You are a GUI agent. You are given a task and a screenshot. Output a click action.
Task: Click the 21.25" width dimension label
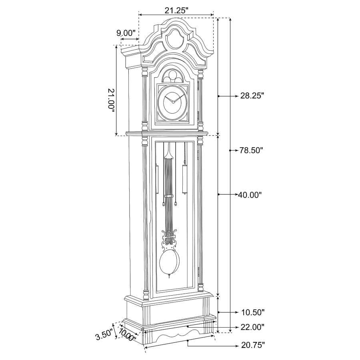tap(176, 11)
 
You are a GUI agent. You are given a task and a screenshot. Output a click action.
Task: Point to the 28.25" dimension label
tap(252, 96)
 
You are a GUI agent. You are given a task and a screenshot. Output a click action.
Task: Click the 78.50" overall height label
tap(252, 150)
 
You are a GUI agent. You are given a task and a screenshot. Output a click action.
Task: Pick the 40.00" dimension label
tap(250, 195)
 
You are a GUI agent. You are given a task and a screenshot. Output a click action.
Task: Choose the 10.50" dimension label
tap(252, 312)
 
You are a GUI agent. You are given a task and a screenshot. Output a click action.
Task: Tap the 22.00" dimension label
tap(252, 327)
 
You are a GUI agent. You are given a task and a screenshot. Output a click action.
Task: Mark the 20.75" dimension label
tap(252, 345)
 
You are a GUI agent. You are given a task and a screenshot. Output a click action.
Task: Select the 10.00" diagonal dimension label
tap(127, 335)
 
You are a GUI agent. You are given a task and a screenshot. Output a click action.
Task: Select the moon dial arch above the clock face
tap(174, 76)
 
